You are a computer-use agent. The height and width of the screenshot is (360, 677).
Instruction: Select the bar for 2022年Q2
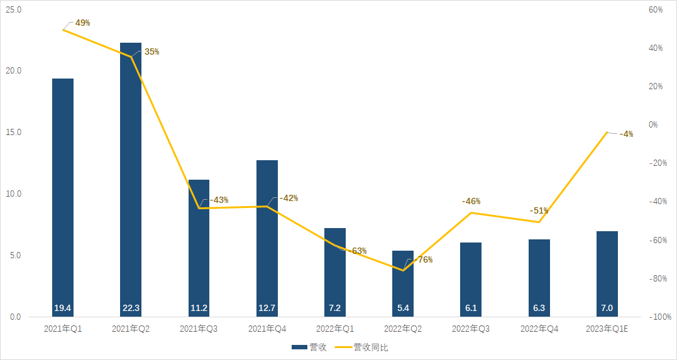[x=403, y=283]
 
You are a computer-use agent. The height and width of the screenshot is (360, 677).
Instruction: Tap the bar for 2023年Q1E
[x=607, y=273]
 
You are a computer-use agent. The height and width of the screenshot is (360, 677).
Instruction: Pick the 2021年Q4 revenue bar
[x=267, y=239]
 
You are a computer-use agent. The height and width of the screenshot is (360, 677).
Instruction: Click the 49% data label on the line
[x=82, y=23]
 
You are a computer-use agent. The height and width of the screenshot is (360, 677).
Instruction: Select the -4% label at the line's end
[x=626, y=134]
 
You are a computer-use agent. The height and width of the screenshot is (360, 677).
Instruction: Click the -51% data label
[x=539, y=210]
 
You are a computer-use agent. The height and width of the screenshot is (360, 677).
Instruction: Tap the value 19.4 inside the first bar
[x=63, y=308]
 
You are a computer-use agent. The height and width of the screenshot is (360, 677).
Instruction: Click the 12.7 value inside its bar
[x=267, y=308]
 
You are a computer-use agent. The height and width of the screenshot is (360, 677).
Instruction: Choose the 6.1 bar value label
[x=471, y=308]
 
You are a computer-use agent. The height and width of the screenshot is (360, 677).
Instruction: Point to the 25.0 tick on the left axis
[x=14, y=10]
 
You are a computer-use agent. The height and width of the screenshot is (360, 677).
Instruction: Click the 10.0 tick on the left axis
[x=14, y=194]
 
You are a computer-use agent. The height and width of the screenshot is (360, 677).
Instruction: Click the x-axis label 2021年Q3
[x=199, y=329]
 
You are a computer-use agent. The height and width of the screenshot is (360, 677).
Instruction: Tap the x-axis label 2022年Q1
[x=335, y=329]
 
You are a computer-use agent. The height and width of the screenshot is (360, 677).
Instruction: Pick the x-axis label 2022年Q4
[x=539, y=329]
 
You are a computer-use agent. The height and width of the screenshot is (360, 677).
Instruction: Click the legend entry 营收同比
[x=371, y=347]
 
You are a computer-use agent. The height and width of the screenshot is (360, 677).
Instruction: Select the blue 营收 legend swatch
[x=299, y=347]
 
